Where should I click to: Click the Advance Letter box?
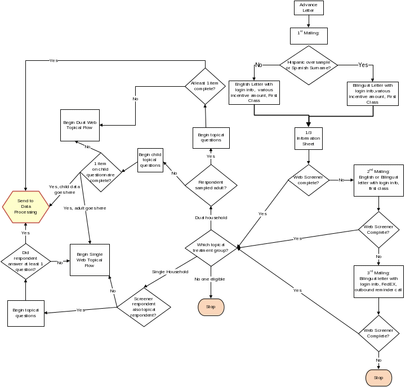pos(308,8)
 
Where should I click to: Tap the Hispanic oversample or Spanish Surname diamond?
pos(308,65)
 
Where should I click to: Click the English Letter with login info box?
pos(254,92)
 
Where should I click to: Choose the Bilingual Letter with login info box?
pos(372,94)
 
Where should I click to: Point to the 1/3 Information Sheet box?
pos(308,138)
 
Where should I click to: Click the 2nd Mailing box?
pos(378,180)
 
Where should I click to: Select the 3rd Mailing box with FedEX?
pos(378,281)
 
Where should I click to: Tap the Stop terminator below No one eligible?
pos(211,307)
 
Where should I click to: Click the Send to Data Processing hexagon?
pos(25,207)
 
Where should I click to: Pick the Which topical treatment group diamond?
pos(211,248)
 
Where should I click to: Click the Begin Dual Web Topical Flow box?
pos(81,124)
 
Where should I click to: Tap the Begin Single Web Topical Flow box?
pos(90,260)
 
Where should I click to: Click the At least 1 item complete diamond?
pos(205,86)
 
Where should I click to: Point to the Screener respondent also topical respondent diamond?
pos(144,307)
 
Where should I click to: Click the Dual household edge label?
pos(211,217)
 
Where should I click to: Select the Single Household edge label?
pos(170,272)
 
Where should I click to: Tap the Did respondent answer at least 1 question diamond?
pos(25,262)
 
